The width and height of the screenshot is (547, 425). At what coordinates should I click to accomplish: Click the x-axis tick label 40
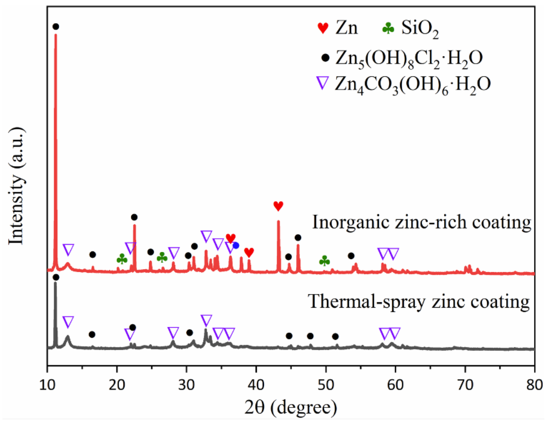click(256, 385)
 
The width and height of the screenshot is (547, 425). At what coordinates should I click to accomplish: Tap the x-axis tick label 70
click(465, 385)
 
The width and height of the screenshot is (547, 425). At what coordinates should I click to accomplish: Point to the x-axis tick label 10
click(47, 385)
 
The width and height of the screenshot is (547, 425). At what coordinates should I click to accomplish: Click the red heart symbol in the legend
click(323, 28)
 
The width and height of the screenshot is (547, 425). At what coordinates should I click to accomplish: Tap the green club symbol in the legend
click(388, 28)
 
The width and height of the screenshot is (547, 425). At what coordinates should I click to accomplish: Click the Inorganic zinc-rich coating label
click(421, 222)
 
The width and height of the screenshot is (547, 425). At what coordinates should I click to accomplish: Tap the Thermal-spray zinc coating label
click(419, 301)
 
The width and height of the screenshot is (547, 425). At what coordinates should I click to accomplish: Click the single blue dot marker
click(236, 245)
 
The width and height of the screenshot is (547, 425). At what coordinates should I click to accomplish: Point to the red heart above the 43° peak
click(278, 206)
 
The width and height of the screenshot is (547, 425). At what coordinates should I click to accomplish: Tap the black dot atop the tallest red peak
click(56, 26)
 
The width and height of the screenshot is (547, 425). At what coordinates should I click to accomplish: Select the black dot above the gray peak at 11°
click(56, 277)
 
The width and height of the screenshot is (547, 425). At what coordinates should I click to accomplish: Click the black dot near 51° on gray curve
click(335, 337)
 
